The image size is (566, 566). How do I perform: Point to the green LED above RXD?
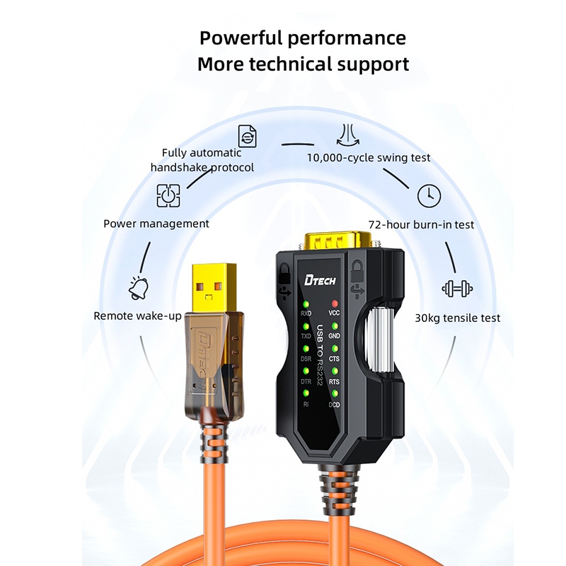point(306,304)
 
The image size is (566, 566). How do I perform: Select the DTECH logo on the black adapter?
point(320,280)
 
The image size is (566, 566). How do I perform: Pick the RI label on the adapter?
point(306,404)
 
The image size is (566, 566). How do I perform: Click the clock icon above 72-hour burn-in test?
point(429,196)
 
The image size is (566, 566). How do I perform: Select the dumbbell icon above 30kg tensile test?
point(456,288)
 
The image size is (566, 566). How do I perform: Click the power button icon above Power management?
point(168,195)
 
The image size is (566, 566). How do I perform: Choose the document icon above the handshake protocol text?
point(246,135)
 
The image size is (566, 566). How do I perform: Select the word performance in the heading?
point(351,37)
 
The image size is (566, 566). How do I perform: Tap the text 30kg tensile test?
point(457,318)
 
